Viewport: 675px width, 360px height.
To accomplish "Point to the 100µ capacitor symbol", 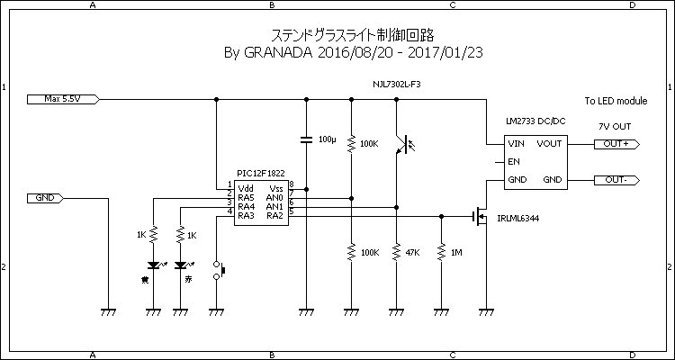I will (306, 139).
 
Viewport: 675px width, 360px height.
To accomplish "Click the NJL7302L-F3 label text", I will (397, 84).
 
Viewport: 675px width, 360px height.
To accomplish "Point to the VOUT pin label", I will (549, 143).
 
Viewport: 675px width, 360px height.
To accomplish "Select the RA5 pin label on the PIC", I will (247, 197).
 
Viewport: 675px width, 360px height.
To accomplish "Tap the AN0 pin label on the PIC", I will (274, 197).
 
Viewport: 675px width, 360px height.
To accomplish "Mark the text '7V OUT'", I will (615, 125).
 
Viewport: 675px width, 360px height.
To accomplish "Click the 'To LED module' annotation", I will (616, 102).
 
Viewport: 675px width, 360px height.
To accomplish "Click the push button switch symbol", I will (217, 270).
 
